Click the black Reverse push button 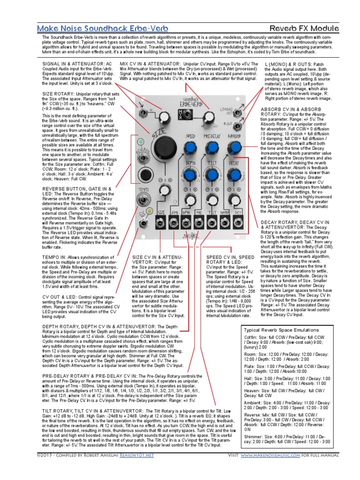coord(141,175)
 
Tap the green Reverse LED coord(139,142)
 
